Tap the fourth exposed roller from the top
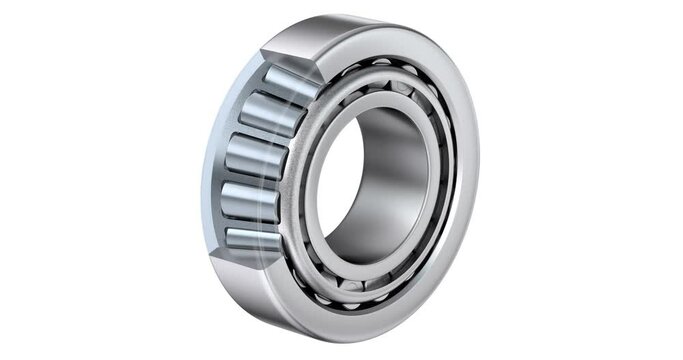pos(251,201)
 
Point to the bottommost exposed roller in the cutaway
pos(251,239)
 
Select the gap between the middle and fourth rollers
pos(250,180)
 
